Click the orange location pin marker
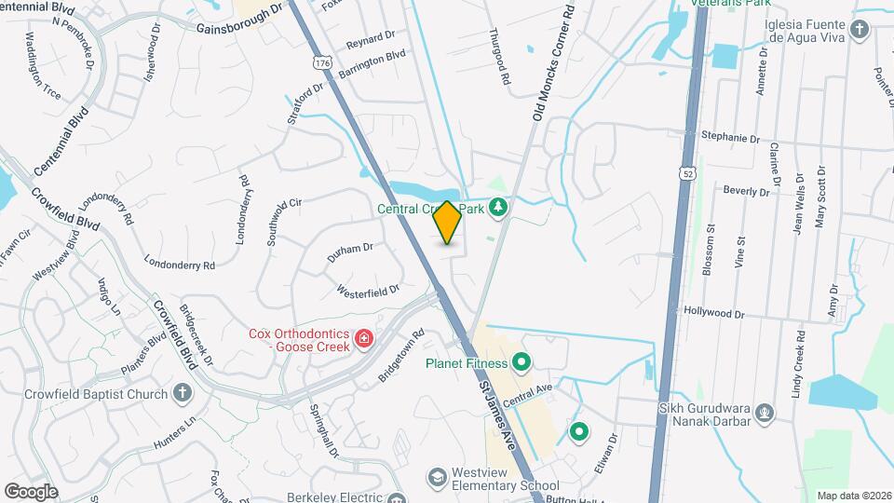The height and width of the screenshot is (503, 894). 448,223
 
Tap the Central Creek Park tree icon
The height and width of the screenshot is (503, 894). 499,208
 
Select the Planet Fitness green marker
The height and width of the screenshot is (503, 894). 521,362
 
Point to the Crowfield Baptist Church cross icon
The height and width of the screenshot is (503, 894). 183,393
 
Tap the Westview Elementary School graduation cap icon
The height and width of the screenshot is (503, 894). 436,478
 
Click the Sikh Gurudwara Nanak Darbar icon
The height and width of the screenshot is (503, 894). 765,411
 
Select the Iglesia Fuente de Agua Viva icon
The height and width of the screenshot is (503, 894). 860,30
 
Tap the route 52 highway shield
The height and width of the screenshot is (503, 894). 686,174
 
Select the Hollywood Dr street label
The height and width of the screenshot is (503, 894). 714,314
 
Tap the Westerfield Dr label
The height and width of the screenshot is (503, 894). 368,290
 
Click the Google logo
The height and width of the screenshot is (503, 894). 31,491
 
